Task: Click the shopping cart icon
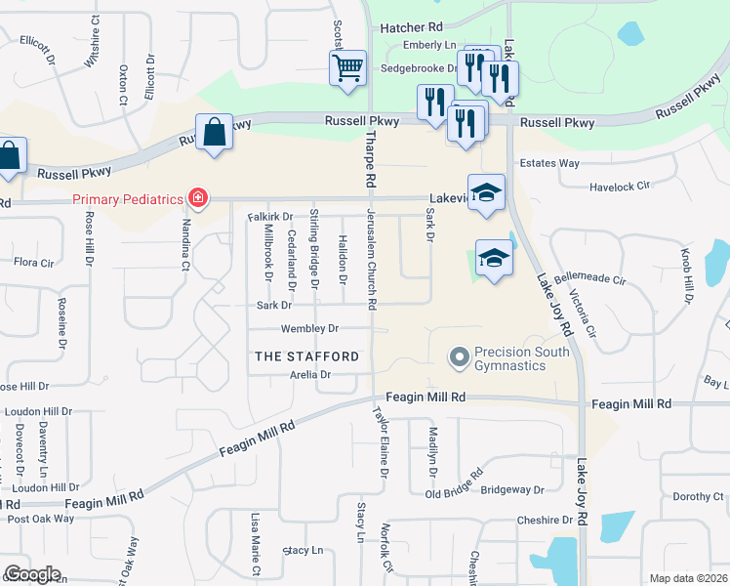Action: [x=346, y=68]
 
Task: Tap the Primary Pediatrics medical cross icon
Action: [x=197, y=199]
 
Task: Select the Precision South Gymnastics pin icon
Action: [x=460, y=358]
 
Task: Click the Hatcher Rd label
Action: [x=412, y=28]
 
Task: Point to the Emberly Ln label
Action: [x=428, y=45]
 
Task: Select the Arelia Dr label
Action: [x=311, y=374]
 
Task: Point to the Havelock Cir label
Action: [x=620, y=186]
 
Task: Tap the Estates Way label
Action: [x=549, y=163]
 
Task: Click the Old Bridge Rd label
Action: [x=454, y=485]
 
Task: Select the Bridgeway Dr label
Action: [x=511, y=488]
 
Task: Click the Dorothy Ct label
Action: [x=698, y=496]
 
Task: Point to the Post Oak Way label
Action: [x=40, y=519]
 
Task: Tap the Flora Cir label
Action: [x=32, y=262]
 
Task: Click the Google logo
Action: [x=32, y=573]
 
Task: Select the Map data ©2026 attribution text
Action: [x=687, y=578]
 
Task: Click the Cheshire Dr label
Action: [x=522, y=521]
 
